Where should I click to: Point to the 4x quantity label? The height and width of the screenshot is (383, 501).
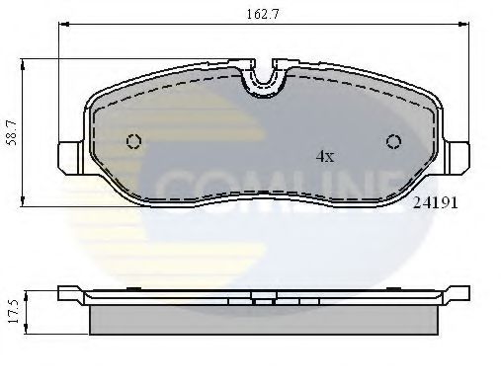(324, 156)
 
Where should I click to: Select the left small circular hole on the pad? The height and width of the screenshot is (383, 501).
(133, 141)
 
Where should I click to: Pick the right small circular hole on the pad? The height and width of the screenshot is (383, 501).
(393, 141)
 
